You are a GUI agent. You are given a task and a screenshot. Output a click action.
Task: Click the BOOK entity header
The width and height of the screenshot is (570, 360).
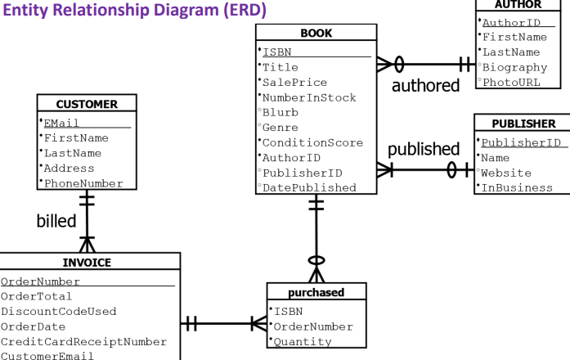pyautogui.click(x=316, y=33)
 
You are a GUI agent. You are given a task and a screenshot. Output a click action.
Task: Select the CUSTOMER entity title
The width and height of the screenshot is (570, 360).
pyautogui.click(x=87, y=104)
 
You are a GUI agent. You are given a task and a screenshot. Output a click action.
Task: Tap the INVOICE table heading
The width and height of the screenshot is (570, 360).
pyautogui.click(x=87, y=262)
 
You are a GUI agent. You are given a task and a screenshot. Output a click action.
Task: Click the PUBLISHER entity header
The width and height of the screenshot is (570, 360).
pyautogui.click(x=524, y=124)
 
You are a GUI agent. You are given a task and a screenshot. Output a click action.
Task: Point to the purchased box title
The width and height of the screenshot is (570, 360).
pyautogui.click(x=316, y=292)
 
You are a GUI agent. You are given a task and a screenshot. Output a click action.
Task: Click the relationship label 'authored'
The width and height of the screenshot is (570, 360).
pyautogui.click(x=426, y=85)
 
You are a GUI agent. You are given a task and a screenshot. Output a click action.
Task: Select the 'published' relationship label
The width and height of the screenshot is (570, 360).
pyautogui.click(x=424, y=150)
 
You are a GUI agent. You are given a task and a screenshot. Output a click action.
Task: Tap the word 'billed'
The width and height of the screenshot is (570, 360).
pyautogui.click(x=56, y=221)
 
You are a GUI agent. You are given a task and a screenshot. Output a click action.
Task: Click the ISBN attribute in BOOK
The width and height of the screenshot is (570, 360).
pyautogui.click(x=277, y=52)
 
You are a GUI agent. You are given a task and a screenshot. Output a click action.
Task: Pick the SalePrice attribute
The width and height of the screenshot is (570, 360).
pyautogui.click(x=294, y=83)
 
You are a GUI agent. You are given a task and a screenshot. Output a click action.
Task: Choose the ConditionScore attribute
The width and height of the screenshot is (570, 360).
pyautogui.click(x=312, y=143)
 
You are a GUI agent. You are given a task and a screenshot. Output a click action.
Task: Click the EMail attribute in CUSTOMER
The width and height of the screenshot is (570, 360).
pyautogui.click(x=61, y=124)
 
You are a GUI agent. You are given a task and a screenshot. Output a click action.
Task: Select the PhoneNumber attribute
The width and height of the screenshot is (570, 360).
pyautogui.click(x=83, y=183)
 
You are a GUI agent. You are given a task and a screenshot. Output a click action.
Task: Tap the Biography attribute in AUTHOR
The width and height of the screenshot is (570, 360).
pyautogui.click(x=514, y=68)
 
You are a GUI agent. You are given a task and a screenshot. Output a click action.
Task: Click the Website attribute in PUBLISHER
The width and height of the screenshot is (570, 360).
pyautogui.click(x=506, y=173)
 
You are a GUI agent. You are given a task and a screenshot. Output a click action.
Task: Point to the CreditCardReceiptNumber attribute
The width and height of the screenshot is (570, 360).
pyautogui.click(x=83, y=342)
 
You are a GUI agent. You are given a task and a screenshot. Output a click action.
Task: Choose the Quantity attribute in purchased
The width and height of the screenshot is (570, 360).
pyautogui.click(x=303, y=342)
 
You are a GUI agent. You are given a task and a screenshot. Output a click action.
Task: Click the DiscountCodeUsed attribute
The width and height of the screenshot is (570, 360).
pyautogui.click(x=59, y=312)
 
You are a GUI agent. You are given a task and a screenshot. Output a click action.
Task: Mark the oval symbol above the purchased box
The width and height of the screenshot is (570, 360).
pyautogui.click(x=316, y=260)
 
